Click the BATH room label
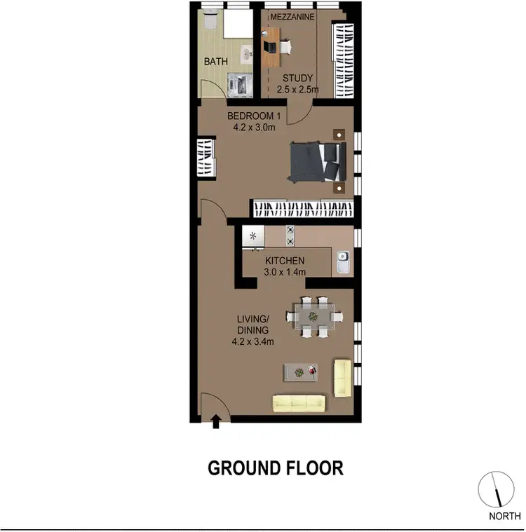[215, 62]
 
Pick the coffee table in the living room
[300, 372]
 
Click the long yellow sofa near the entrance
[299, 402]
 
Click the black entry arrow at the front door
[216, 420]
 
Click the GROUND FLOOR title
[276, 468]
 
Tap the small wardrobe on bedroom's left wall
[205, 158]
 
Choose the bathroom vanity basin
[248, 53]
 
